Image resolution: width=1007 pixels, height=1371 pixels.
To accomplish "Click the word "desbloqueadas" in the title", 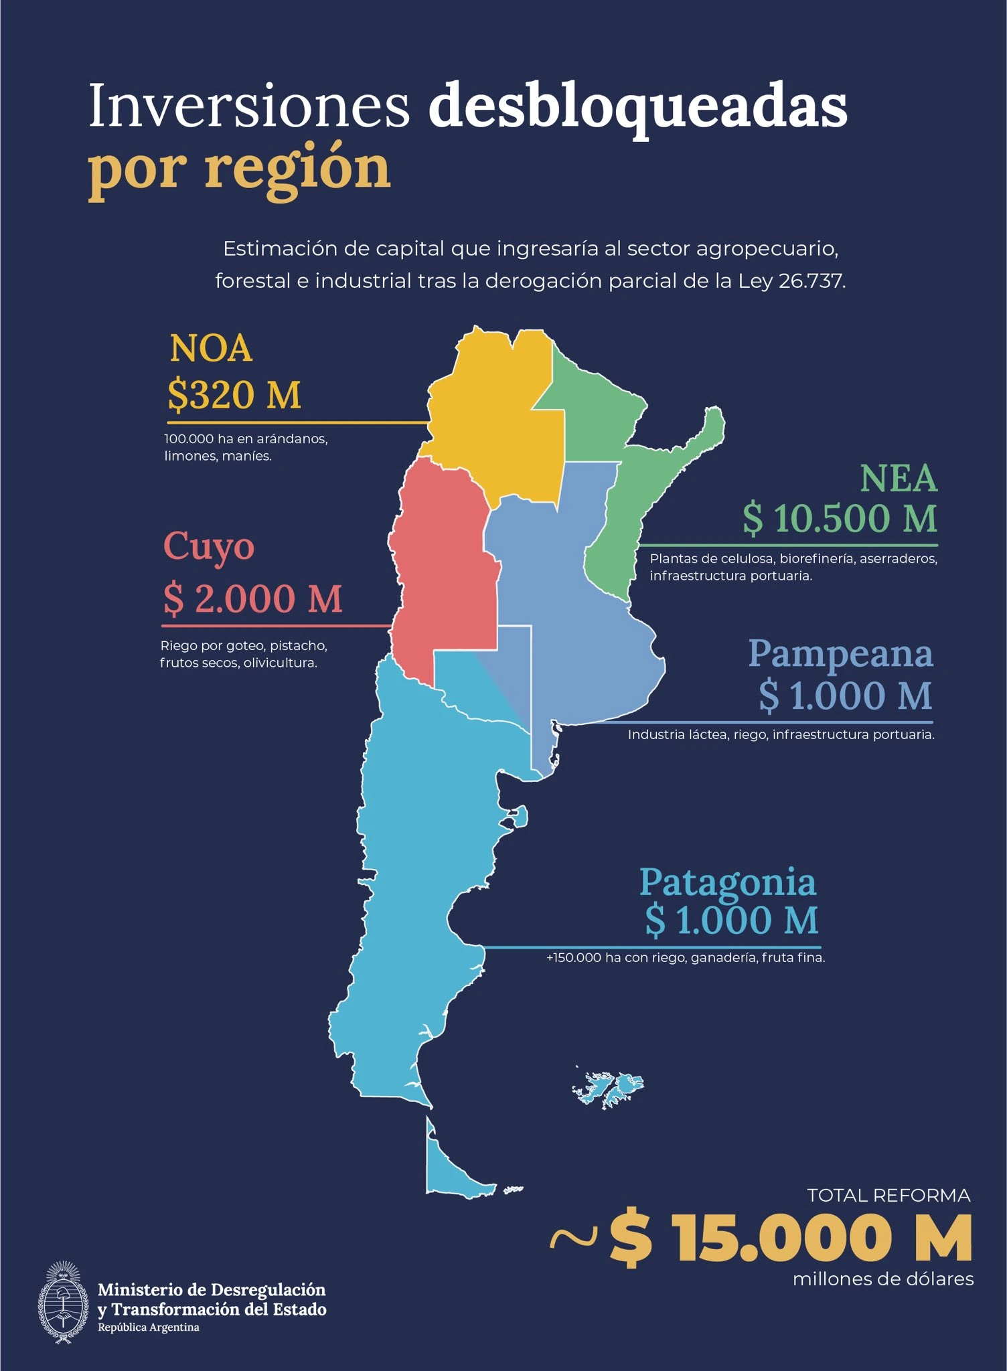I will click(x=637, y=107).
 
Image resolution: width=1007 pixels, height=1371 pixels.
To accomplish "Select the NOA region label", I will click(x=211, y=349).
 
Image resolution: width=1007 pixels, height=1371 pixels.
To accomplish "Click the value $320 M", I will click(x=234, y=394).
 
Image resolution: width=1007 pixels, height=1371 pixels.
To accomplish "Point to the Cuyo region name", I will click(x=209, y=548).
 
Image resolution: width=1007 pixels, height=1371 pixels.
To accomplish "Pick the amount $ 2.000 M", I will click(x=253, y=598).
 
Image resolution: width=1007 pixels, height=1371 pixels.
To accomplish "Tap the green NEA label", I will click(x=899, y=479).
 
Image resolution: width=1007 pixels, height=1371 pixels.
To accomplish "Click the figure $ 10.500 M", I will click(x=840, y=519).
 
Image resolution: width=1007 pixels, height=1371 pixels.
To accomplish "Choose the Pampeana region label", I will click(x=840, y=653).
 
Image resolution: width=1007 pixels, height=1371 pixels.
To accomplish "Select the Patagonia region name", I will click(x=728, y=882).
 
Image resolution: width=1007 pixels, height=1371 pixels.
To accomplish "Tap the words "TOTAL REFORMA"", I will click(x=888, y=1196).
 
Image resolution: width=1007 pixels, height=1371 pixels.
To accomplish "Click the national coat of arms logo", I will click(x=63, y=1303).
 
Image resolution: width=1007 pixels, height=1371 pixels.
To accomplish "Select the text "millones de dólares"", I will click(x=883, y=1279).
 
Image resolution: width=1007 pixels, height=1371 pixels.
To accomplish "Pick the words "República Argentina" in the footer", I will click(x=149, y=1327).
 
